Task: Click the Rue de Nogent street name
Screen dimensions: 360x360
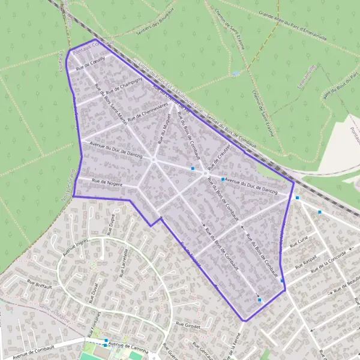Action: pyautogui.click(x=107, y=182)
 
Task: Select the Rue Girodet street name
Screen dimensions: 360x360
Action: pyautogui.click(x=187, y=324)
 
